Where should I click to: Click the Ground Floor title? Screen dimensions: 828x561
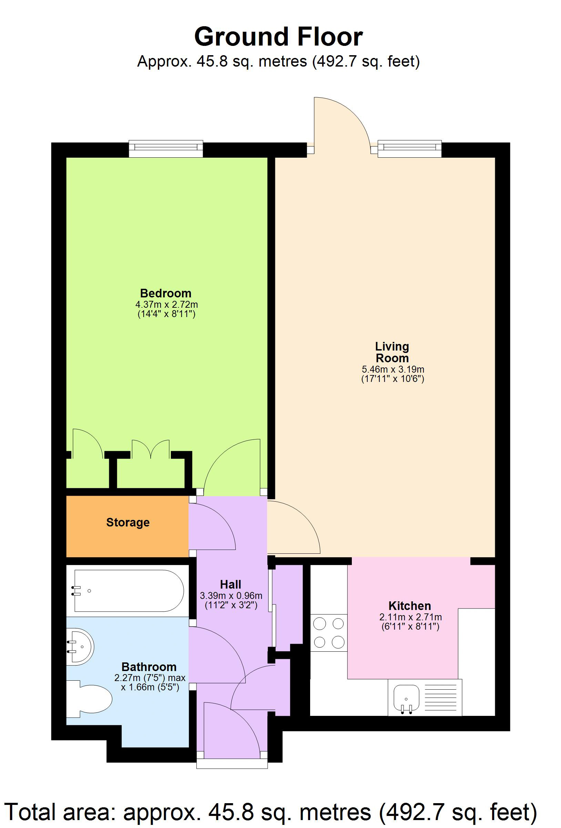tap(278, 37)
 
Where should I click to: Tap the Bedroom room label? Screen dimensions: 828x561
tap(165, 293)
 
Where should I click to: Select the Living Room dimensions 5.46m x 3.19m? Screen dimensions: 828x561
tap(392, 369)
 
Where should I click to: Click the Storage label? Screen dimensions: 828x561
tap(128, 522)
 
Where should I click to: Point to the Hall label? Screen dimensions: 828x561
tap(230, 584)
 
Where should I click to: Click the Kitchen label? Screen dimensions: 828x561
tap(409, 606)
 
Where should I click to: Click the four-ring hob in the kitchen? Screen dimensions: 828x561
tap(328, 633)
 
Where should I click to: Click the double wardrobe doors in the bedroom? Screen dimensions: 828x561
tap(151, 449)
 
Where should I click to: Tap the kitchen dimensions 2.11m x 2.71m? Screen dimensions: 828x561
tap(410, 617)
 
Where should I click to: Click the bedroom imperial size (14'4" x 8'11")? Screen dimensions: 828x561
tap(166, 314)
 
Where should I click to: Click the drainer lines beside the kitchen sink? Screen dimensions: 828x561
tap(440, 698)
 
